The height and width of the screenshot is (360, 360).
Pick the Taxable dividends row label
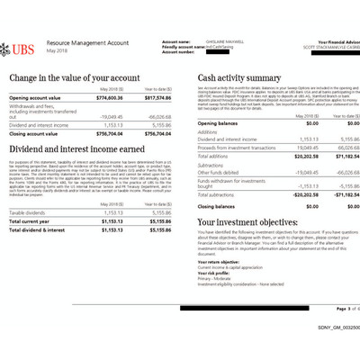30,212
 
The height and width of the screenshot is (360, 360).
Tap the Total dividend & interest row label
40,229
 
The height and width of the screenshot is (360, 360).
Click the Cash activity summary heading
241,78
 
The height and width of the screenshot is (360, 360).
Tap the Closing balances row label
220,206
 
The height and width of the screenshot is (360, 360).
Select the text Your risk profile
214,271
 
